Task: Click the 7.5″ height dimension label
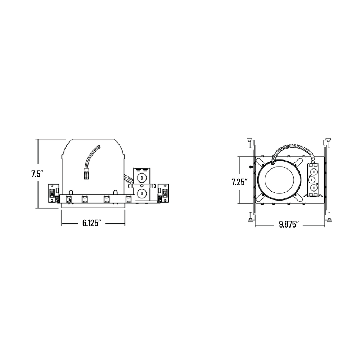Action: point(37,174)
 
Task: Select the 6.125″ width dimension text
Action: point(92,223)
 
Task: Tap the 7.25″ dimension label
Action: point(239,182)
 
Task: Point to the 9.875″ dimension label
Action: point(289,224)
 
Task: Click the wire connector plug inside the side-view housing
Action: point(86,174)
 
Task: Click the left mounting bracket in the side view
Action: point(54,193)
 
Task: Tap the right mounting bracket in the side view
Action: point(163,193)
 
